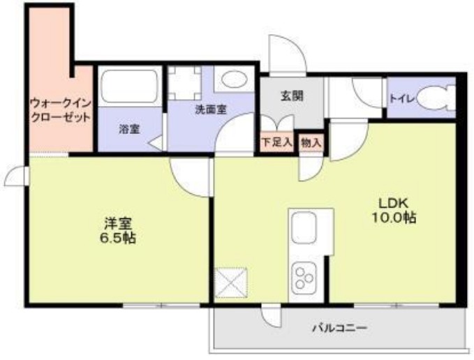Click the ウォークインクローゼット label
[x=60, y=110]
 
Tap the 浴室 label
[x=128, y=129]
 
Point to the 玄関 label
[x=292, y=97]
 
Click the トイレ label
[x=401, y=99]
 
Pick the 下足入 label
[x=276, y=142]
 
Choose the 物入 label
[x=311, y=142]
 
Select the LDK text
[x=391, y=203]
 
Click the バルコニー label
[x=339, y=327]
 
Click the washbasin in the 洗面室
[x=232, y=80]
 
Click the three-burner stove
[x=305, y=275]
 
